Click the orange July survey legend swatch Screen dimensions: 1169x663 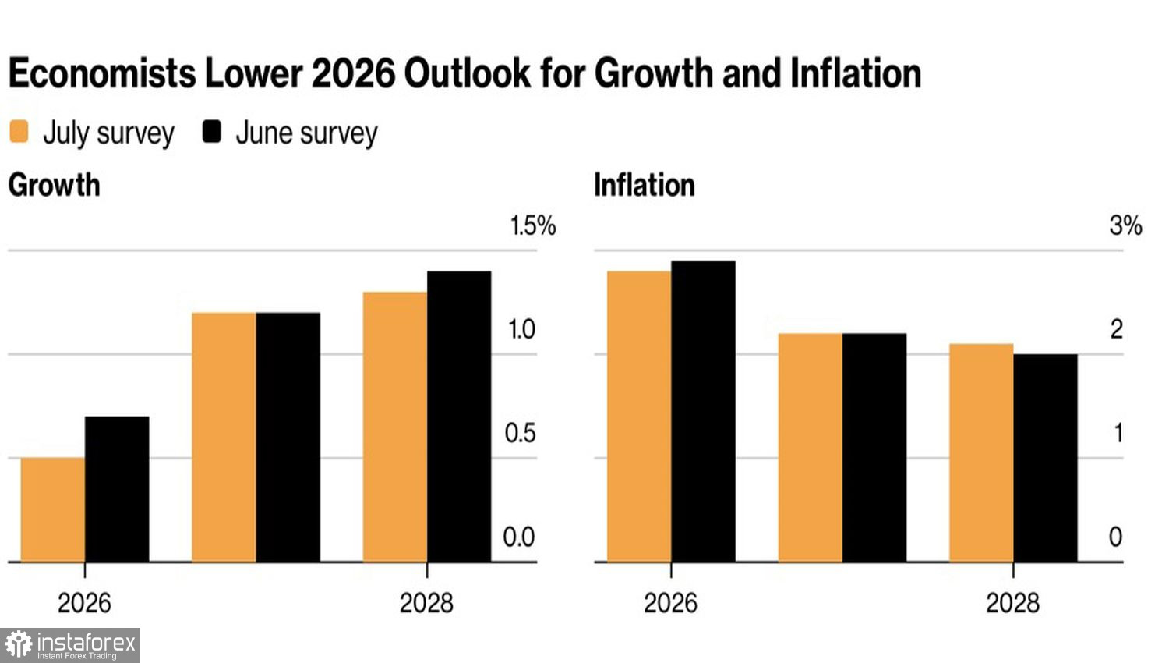point(19,131)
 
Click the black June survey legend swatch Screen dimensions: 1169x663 point(212,131)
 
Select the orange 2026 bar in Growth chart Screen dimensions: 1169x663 point(53,510)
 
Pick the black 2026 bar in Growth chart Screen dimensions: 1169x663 point(117,489)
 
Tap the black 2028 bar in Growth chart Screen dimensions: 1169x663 point(459,417)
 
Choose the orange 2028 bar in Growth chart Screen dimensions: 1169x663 point(395,427)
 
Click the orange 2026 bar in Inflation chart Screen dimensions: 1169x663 point(639,417)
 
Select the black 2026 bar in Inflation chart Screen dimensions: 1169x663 point(704,411)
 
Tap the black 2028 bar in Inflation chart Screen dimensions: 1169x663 point(1045,458)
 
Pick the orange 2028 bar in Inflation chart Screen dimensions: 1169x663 point(981,453)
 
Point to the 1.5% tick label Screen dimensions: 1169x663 point(533,225)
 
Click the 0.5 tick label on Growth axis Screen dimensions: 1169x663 point(520,434)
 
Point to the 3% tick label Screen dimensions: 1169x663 point(1125,225)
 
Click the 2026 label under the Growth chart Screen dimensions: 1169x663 point(84,603)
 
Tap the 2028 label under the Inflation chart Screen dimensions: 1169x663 point(1013,603)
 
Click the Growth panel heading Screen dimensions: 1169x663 point(55,185)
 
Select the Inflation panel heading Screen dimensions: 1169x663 point(645,185)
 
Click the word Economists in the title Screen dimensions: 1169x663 point(102,73)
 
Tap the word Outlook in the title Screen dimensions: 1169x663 point(467,73)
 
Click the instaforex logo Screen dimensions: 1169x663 point(70,645)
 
